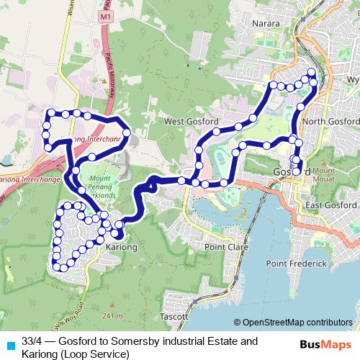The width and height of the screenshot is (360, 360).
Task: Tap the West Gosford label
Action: coord(191,122)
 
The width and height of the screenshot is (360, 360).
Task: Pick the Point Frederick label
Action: coord(297,264)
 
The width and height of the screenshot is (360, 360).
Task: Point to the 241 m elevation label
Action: coord(112,316)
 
